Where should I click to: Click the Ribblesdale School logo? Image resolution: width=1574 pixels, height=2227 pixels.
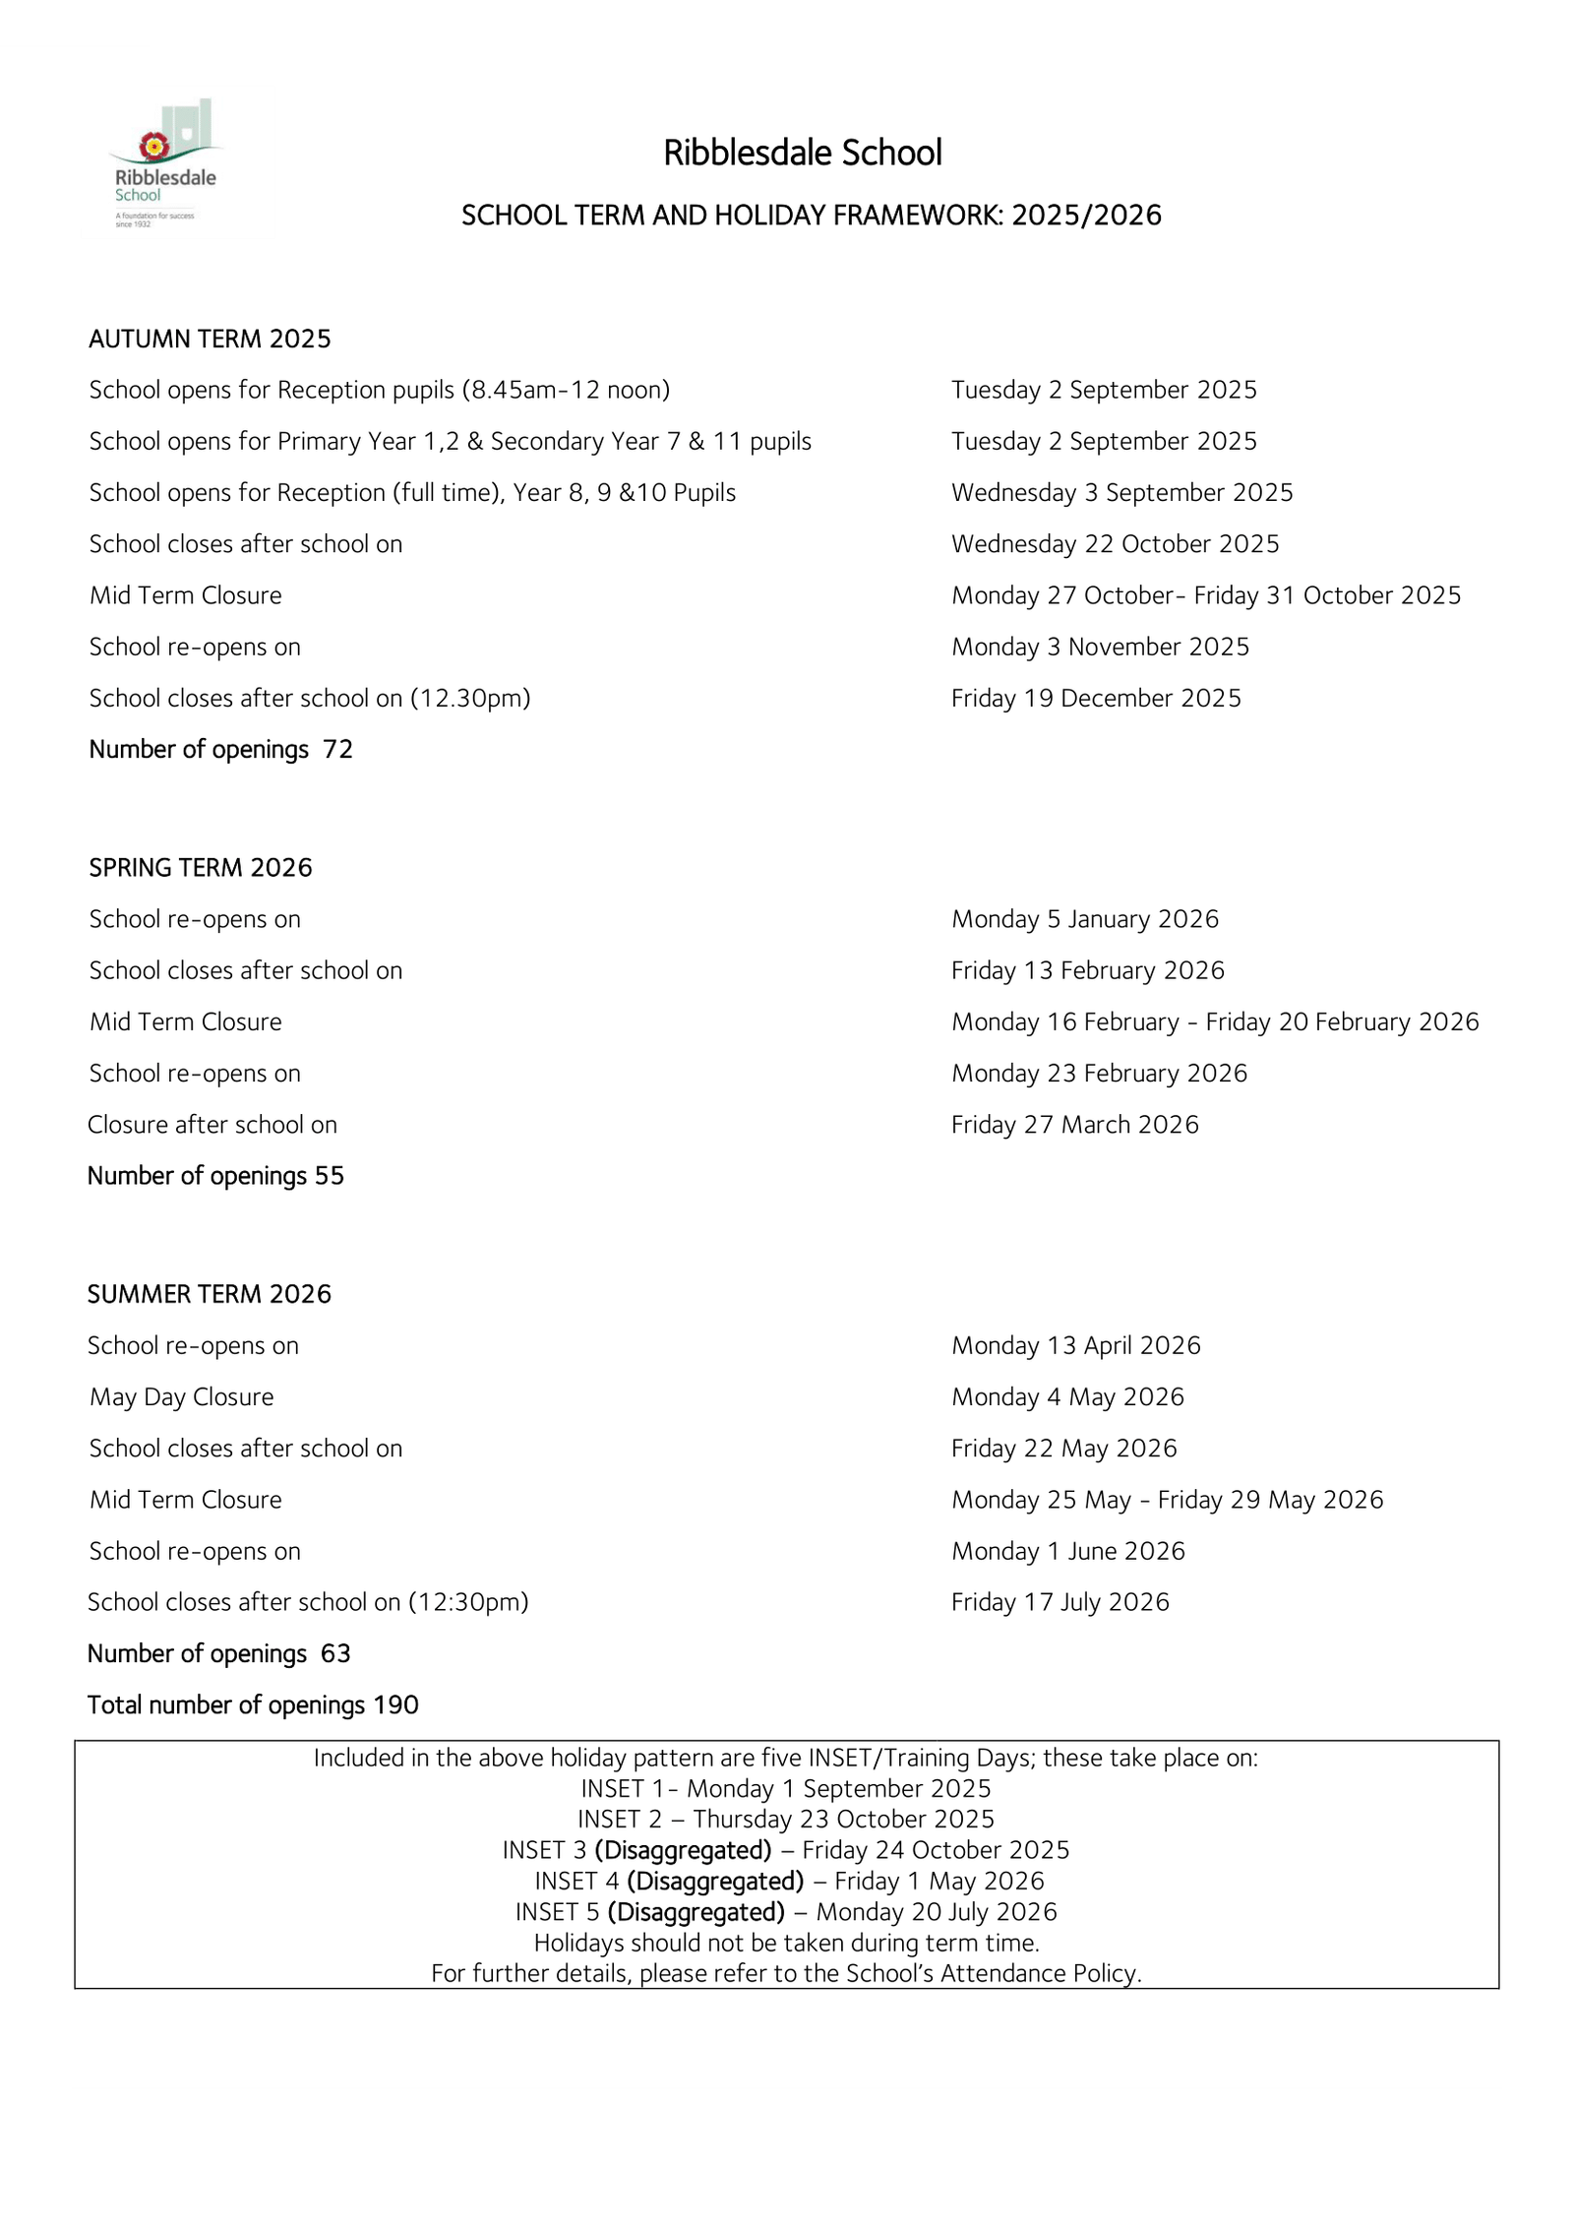click(x=163, y=162)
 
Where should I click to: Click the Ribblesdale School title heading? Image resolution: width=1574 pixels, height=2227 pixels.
click(x=803, y=153)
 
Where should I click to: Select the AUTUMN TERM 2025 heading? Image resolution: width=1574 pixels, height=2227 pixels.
click(x=210, y=339)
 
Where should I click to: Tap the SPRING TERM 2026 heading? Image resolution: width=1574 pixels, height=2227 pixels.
click(x=201, y=867)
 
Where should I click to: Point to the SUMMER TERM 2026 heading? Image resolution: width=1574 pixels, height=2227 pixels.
click(x=210, y=1293)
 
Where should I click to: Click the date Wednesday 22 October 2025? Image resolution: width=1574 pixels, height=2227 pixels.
click(x=1115, y=544)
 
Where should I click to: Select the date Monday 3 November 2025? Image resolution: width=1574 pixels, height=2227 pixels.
click(x=1100, y=647)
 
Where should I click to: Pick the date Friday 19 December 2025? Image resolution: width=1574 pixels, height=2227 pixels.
click(x=1096, y=698)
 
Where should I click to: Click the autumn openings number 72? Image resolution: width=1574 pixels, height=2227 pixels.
click(x=337, y=749)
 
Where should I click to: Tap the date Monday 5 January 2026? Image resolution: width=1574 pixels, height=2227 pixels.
click(x=1085, y=918)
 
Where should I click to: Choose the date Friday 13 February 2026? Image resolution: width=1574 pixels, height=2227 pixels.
click(x=1088, y=970)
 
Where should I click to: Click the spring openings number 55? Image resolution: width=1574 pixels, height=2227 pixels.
click(x=330, y=1176)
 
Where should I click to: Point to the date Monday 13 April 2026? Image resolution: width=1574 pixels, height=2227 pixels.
click(x=1076, y=1345)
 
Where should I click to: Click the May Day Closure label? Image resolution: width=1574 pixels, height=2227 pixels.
click(x=182, y=1396)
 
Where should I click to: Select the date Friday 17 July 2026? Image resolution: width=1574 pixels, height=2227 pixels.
click(x=1060, y=1602)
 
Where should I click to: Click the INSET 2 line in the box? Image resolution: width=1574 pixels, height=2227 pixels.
click(x=786, y=1819)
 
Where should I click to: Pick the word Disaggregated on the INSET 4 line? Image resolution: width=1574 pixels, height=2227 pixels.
click(x=715, y=1881)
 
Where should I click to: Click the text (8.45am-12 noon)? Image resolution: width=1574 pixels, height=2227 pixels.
click(x=566, y=390)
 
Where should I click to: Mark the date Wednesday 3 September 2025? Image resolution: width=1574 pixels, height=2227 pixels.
click(x=1121, y=492)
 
